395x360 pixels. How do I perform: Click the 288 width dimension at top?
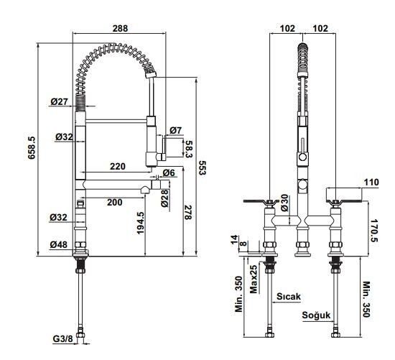coord(120,28)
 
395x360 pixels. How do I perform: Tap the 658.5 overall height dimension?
coord(32,148)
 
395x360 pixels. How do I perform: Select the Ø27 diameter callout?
coord(59,101)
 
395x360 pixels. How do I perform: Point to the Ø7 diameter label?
coord(175,130)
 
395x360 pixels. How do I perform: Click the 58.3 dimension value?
coord(188,149)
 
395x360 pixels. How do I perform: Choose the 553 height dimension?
coord(203,168)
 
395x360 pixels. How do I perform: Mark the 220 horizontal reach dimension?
coord(118,167)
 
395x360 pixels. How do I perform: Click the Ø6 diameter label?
coord(169,173)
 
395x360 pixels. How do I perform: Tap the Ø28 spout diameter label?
coord(164,198)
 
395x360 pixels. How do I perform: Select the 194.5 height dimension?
coord(140,223)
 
